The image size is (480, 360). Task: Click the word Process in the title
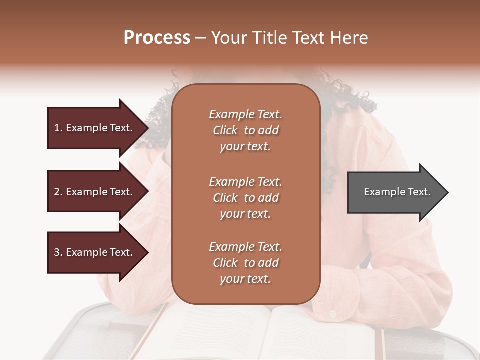(x=157, y=38)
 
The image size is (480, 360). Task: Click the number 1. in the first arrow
(x=58, y=128)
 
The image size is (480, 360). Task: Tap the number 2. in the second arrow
(x=58, y=192)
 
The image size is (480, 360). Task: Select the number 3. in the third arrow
(x=58, y=252)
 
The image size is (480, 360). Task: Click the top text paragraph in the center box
(x=245, y=130)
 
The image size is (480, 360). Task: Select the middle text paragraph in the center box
(x=245, y=198)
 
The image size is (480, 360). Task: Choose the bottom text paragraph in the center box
(x=245, y=263)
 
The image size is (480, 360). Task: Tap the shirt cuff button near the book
(x=333, y=314)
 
